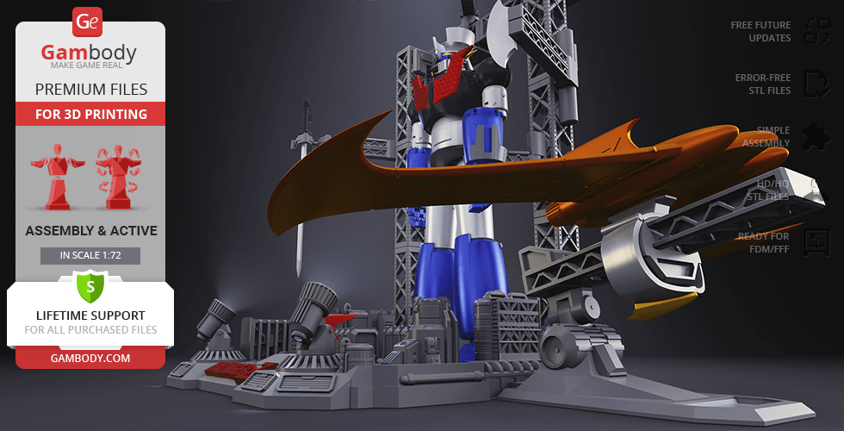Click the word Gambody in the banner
click(89, 53)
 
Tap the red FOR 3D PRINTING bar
click(90, 114)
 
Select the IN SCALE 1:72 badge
click(90, 255)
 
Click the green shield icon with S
click(90, 285)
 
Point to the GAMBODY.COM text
click(90, 358)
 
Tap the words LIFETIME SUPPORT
click(90, 315)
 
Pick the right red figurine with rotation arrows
click(117, 177)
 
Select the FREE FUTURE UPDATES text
click(760, 32)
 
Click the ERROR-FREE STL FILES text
click(762, 84)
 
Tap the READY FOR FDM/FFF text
click(763, 242)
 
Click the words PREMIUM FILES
click(90, 89)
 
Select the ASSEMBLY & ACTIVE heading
click(90, 230)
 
